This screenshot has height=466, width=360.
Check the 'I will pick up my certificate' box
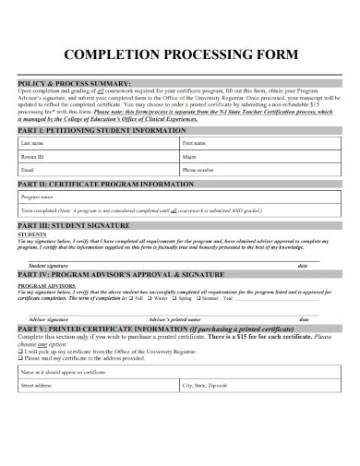click(22, 352)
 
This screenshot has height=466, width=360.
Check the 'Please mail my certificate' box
click(22, 359)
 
